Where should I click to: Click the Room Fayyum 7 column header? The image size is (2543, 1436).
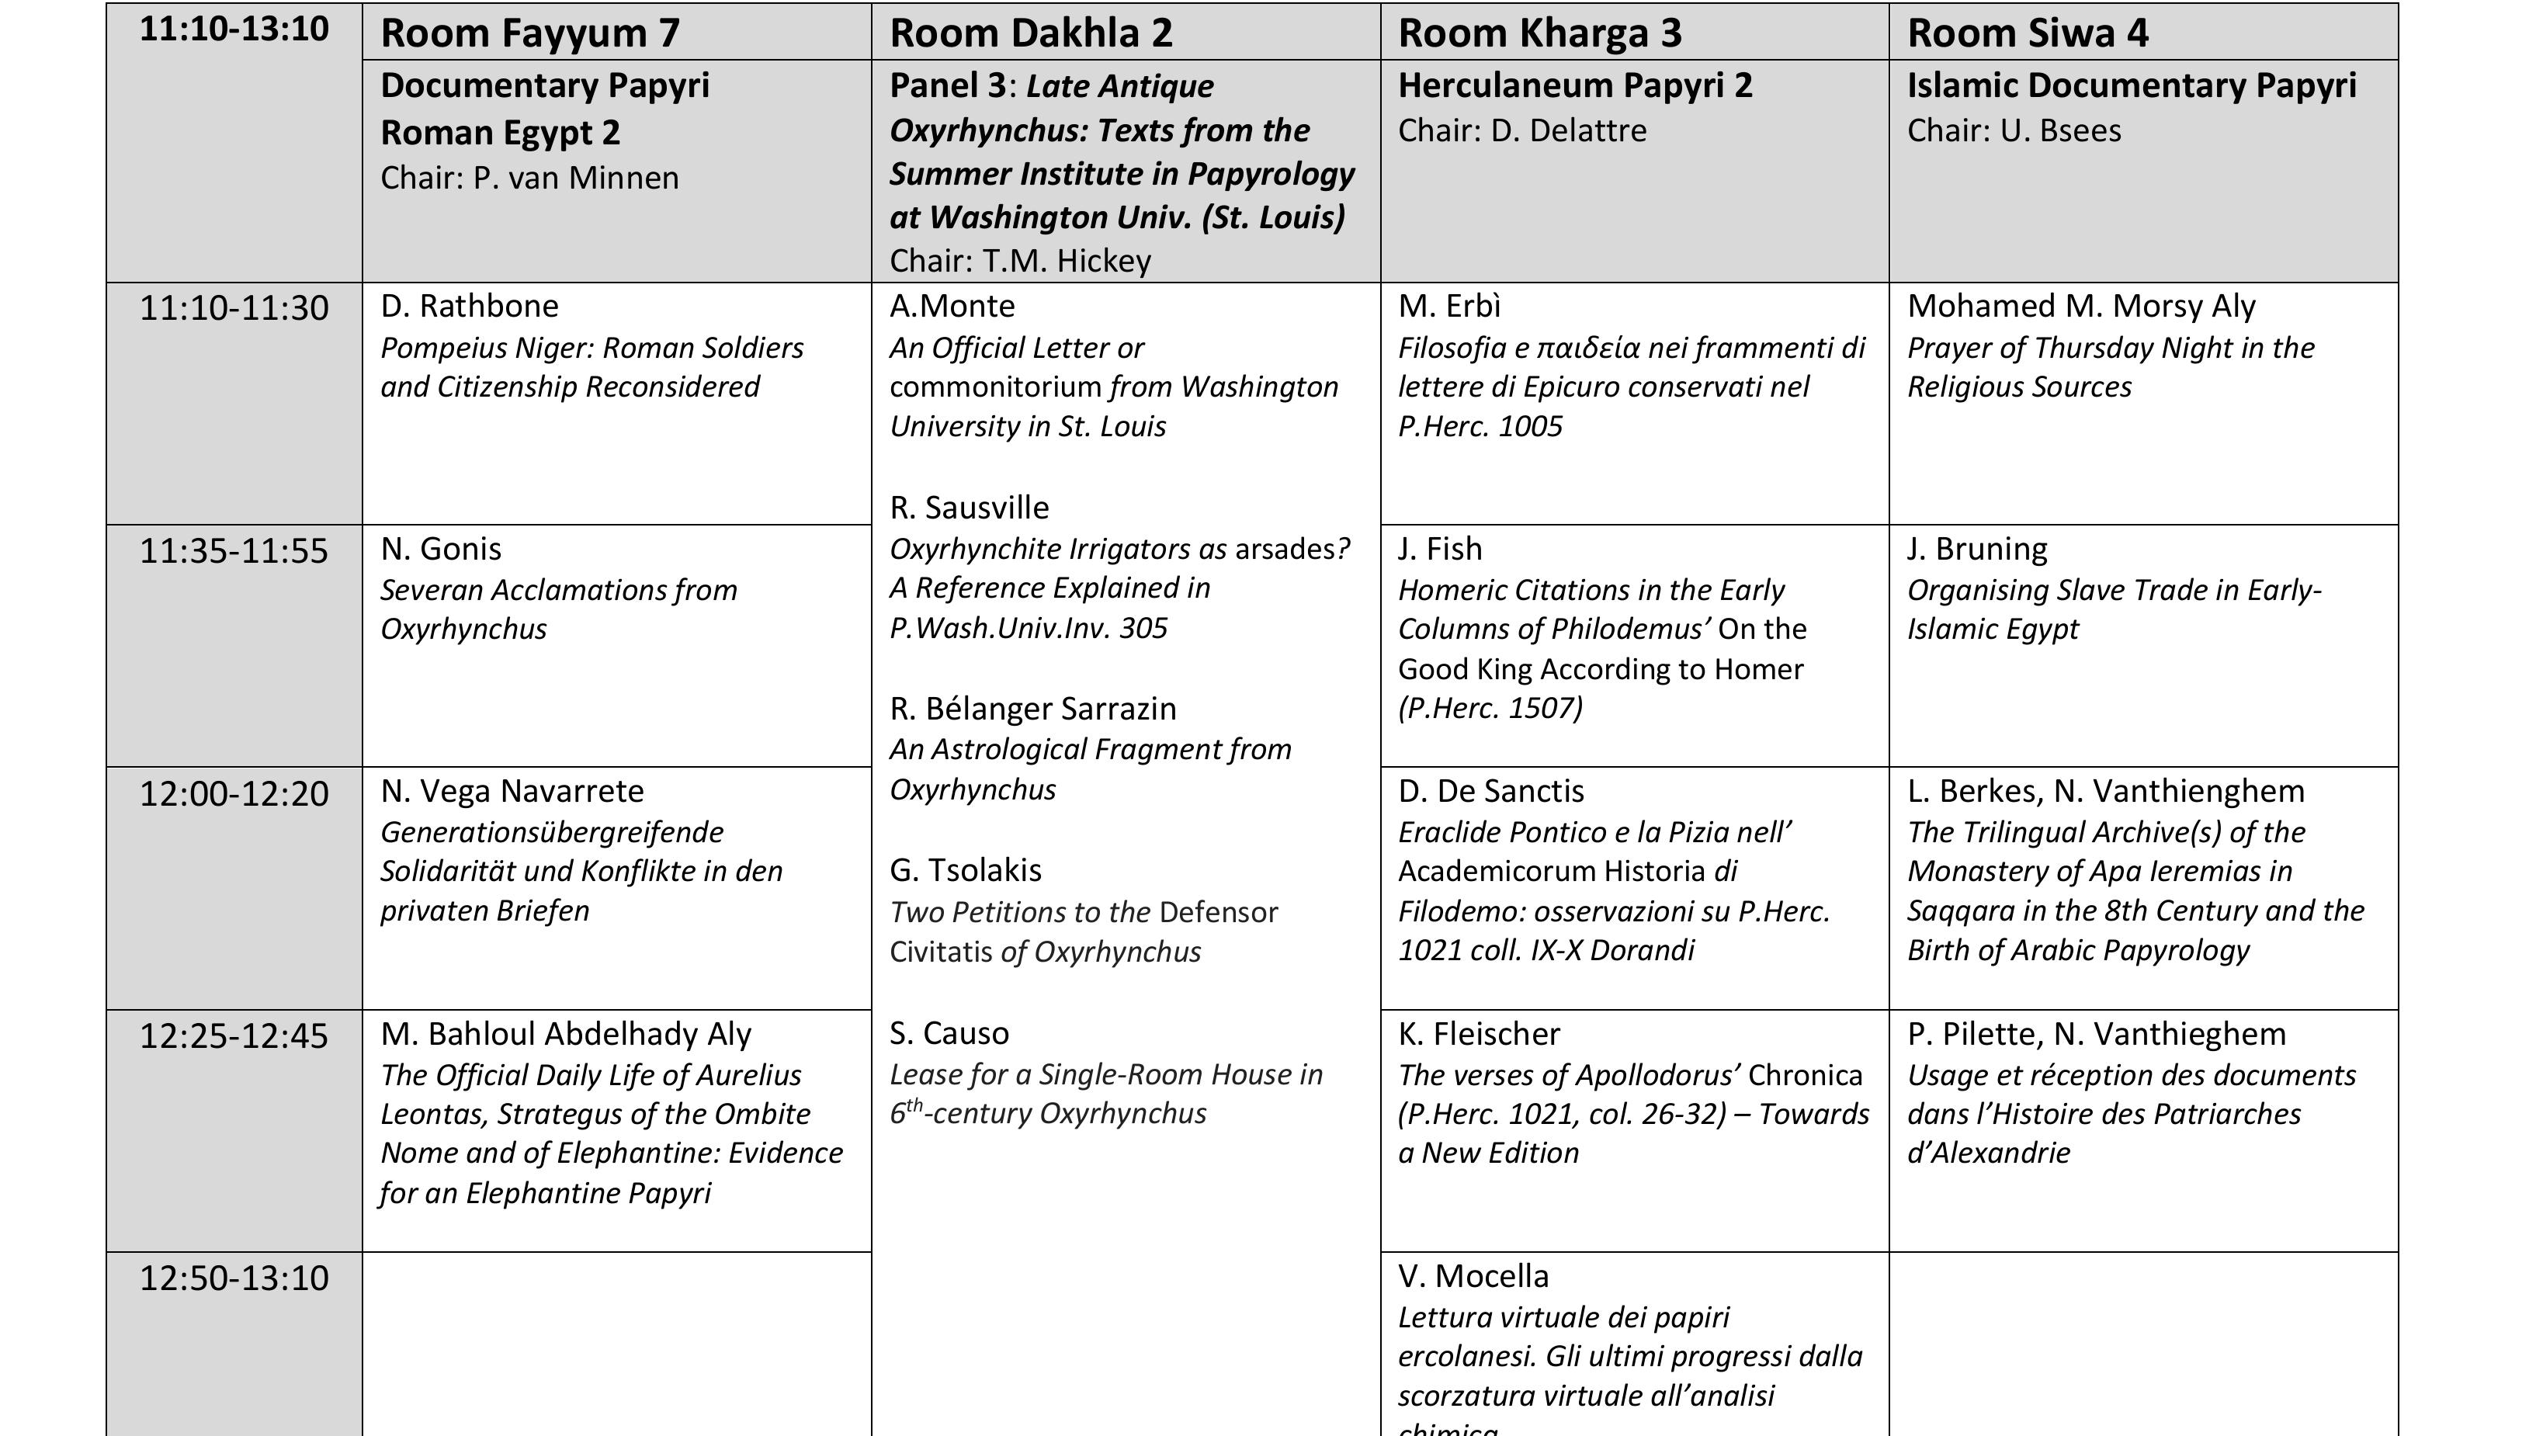pyautogui.click(x=530, y=33)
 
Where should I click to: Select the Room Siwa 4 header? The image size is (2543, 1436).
pyautogui.click(x=2027, y=33)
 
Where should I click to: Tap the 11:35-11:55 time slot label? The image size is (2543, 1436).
pyautogui.click(x=234, y=550)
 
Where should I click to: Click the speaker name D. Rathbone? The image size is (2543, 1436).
pyautogui.click(x=469, y=306)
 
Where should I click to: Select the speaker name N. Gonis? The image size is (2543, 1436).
pyautogui.click(x=440, y=549)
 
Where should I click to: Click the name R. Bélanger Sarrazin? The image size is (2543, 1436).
pyautogui.click(x=1032, y=709)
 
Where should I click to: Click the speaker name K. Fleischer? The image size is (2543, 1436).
pyautogui.click(x=1479, y=1033)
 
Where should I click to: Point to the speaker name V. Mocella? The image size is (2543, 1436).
pyautogui.click(x=1473, y=1276)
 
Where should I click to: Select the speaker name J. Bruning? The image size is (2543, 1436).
pyautogui.click(x=1976, y=549)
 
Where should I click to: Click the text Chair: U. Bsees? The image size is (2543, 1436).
pyautogui.click(x=2013, y=130)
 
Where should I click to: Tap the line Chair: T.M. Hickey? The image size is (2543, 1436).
pyautogui.click(x=1020, y=261)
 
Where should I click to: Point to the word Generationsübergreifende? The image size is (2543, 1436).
pyautogui.click(x=552, y=832)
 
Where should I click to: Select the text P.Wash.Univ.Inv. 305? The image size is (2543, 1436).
pyautogui.click(x=1028, y=628)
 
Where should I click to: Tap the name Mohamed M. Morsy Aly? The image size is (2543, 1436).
pyautogui.click(x=2081, y=306)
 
